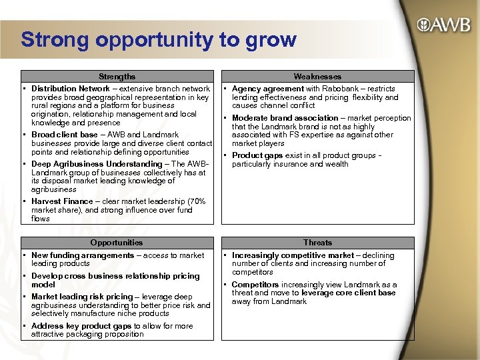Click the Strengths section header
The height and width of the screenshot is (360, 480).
click(117, 77)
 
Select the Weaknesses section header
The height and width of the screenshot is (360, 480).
click(317, 77)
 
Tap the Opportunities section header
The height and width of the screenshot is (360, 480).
click(117, 243)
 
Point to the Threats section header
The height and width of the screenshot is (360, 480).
click(317, 243)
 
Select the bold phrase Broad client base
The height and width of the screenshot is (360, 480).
click(65, 135)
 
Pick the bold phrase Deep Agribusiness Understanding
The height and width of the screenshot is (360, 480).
click(97, 164)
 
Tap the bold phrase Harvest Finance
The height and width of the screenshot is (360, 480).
click(62, 201)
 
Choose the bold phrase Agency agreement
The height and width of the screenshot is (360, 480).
click(267, 89)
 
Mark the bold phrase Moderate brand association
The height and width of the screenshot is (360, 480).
click(285, 118)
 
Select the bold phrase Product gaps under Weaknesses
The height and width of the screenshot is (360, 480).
click(257, 155)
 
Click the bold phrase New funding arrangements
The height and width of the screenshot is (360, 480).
click(83, 255)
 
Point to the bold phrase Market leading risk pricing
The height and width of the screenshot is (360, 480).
click(82, 297)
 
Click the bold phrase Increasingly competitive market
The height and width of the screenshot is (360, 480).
click(293, 255)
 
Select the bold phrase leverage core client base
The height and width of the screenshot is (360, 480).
click(349, 293)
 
